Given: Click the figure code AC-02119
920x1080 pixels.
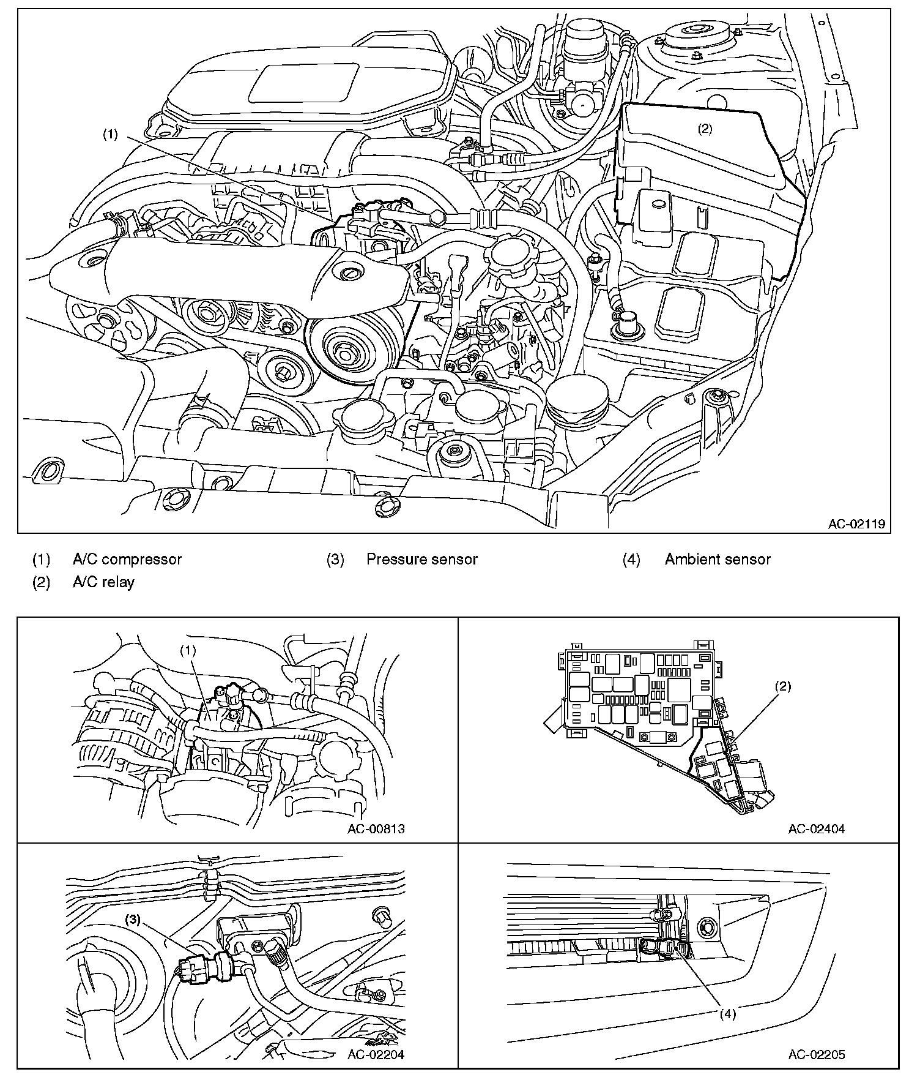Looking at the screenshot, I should [856, 524].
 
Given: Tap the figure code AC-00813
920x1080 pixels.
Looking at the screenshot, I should [376, 829].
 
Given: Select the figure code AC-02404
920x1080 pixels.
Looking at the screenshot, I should [817, 829].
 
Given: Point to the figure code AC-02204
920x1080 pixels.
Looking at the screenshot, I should [376, 1054].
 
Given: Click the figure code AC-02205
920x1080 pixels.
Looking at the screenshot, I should [817, 1054].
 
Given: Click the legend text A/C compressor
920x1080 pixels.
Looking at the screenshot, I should [127, 559].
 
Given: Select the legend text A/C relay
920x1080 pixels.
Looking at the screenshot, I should [103, 582].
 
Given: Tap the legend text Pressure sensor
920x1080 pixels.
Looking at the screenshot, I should [422, 559].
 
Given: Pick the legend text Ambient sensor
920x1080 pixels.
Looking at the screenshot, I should [718, 559].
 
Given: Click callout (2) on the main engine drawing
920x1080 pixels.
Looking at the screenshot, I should [705, 129].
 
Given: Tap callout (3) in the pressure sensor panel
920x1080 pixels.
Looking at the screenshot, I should [133, 919].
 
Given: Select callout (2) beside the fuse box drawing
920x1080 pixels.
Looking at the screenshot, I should [783, 686].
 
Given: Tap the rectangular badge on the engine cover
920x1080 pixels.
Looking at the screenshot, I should [303, 84].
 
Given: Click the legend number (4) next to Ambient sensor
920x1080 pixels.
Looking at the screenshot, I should [631, 559].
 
